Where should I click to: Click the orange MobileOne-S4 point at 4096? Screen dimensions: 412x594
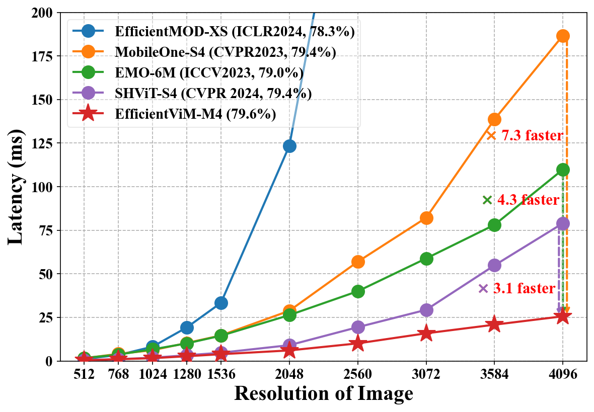563,36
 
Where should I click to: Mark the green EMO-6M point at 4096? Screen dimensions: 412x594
563,170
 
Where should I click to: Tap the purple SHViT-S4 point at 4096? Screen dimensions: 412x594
563,223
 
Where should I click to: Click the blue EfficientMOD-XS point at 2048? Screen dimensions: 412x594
289,146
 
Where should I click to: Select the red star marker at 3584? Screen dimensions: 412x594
494,324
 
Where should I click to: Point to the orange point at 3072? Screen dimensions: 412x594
426,218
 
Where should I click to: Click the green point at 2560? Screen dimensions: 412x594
358,291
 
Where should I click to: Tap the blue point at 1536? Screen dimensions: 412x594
221,303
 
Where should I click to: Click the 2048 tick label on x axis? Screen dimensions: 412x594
289,375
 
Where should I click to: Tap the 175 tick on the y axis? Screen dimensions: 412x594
44,56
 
